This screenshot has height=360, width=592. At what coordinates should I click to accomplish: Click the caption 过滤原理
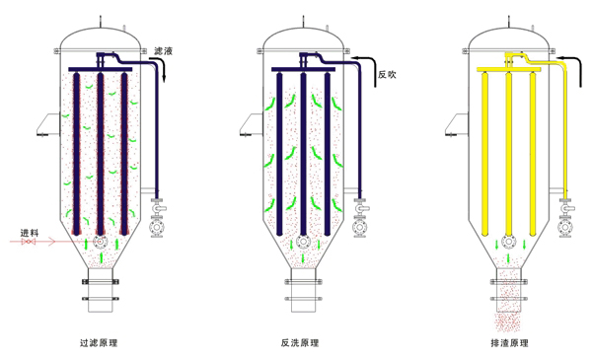pos(99,342)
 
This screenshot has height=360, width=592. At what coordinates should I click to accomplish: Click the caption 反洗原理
pos(300,342)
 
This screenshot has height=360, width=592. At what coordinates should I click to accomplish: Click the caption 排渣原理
pos(509,342)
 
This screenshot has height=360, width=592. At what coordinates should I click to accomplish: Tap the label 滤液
pos(163,51)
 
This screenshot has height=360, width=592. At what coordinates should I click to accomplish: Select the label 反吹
pos(387,74)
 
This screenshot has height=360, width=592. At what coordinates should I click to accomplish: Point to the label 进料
pos(30,233)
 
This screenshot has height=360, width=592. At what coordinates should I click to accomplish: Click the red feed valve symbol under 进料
pos(29,241)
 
